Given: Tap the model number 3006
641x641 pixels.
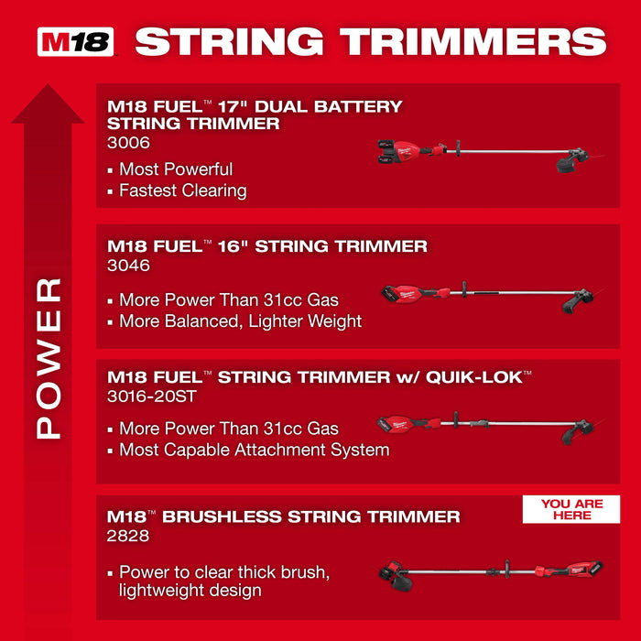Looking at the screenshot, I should (x=128, y=143).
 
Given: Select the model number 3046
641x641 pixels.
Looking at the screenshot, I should (x=128, y=266).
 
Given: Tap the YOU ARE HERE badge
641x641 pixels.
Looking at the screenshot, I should (x=570, y=510).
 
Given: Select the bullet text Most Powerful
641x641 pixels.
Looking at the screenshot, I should (x=176, y=169).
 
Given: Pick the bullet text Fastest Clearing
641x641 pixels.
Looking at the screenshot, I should (x=182, y=190).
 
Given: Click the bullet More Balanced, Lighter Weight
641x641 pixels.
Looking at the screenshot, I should (x=240, y=321).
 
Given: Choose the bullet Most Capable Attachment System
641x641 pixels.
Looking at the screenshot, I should (x=254, y=450).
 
